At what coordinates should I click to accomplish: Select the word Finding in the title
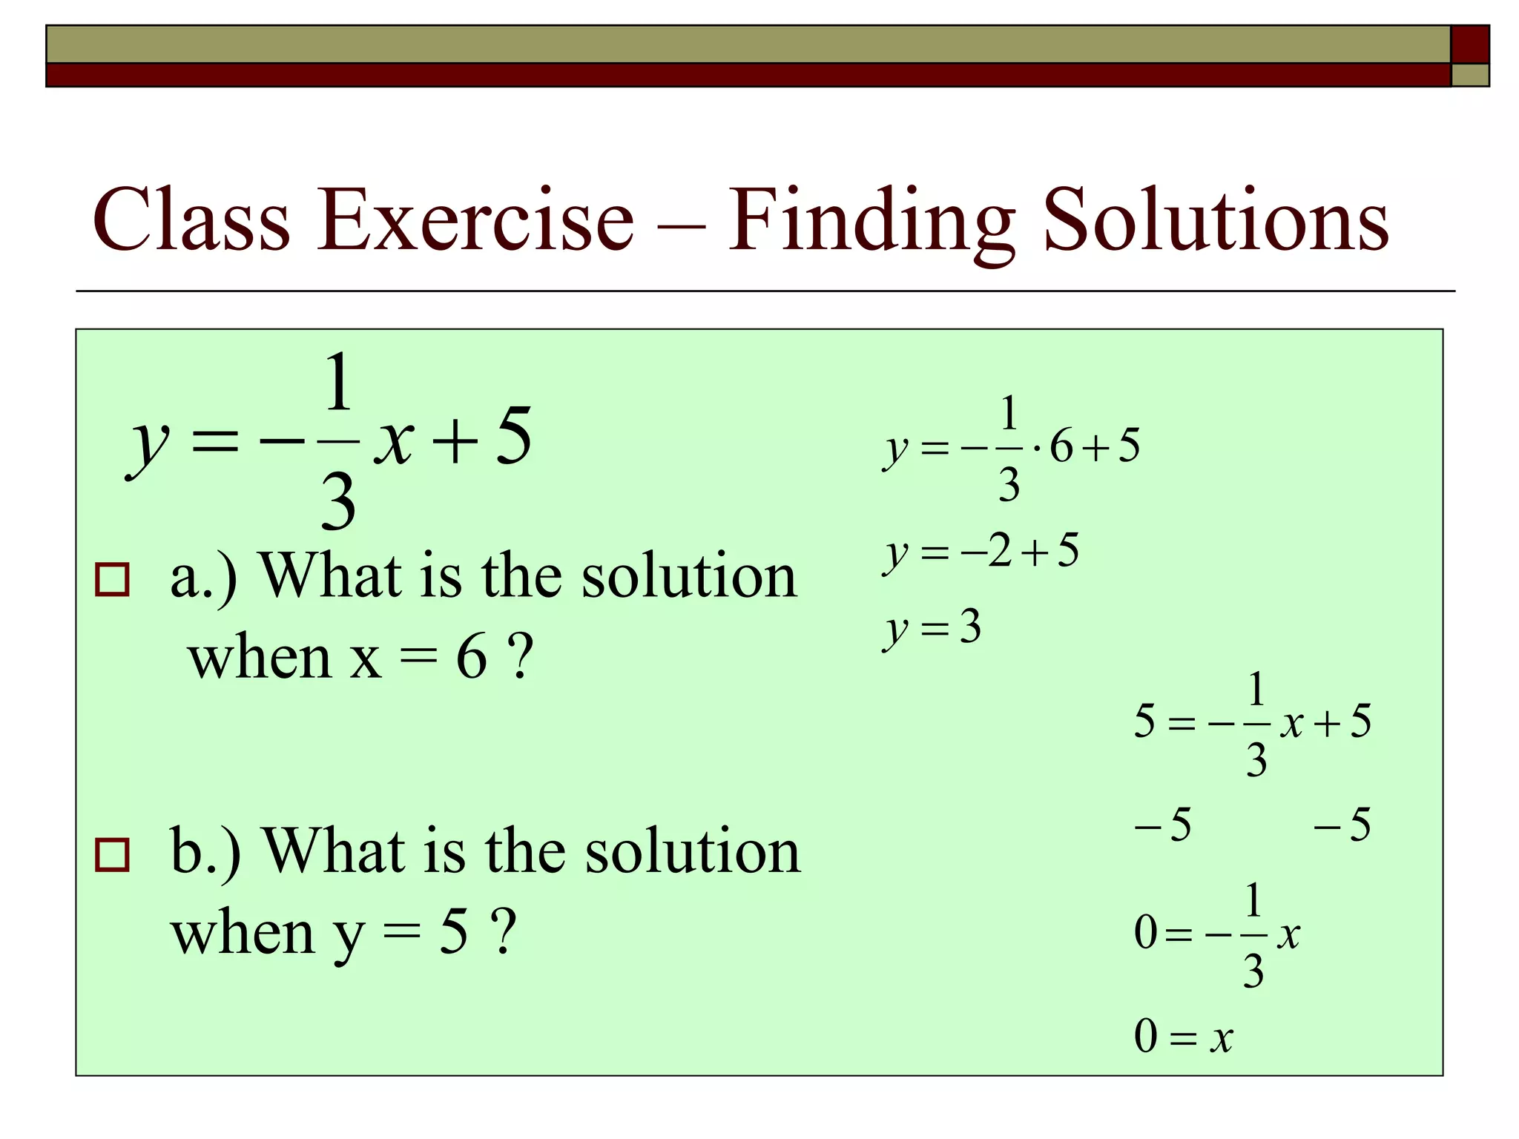pyautogui.click(x=871, y=221)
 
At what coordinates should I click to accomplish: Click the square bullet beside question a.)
pyautogui.click(x=112, y=579)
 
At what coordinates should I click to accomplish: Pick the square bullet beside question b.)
pyautogui.click(x=112, y=854)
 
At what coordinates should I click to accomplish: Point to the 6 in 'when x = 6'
pyautogui.click(x=472, y=657)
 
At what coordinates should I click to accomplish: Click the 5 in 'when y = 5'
pyautogui.click(x=453, y=932)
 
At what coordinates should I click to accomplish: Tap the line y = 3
pyautogui.click(x=932, y=628)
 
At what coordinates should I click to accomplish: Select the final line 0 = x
pyautogui.click(x=1183, y=1037)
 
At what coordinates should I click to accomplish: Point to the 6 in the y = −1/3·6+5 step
pyautogui.click(x=1061, y=446)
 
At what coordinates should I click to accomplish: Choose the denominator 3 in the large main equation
pyautogui.click(x=338, y=502)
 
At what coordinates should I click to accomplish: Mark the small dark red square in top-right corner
pyautogui.click(x=1469, y=44)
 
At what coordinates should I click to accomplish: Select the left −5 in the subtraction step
pyautogui.click(x=1163, y=825)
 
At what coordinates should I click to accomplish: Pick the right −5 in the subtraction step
pyautogui.click(x=1342, y=825)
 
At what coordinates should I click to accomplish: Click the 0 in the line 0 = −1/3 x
pyautogui.click(x=1146, y=932)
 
